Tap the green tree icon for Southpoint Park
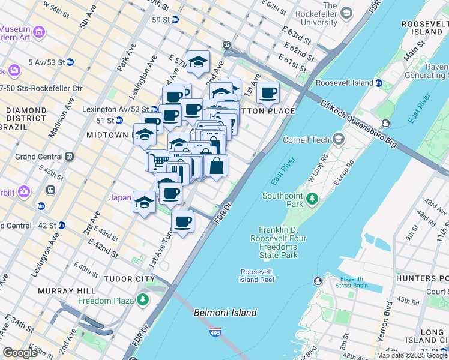[312, 198]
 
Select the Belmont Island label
[225, 313]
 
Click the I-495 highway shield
[215, 332]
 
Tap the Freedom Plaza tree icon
[143, 299]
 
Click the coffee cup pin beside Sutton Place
[268, 94]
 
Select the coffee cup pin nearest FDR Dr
[183, 221]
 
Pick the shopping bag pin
[217, 165]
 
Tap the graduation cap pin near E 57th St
[197, 61]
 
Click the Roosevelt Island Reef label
[258, 275]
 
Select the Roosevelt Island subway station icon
[379, 83]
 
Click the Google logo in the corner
[20, 353]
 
